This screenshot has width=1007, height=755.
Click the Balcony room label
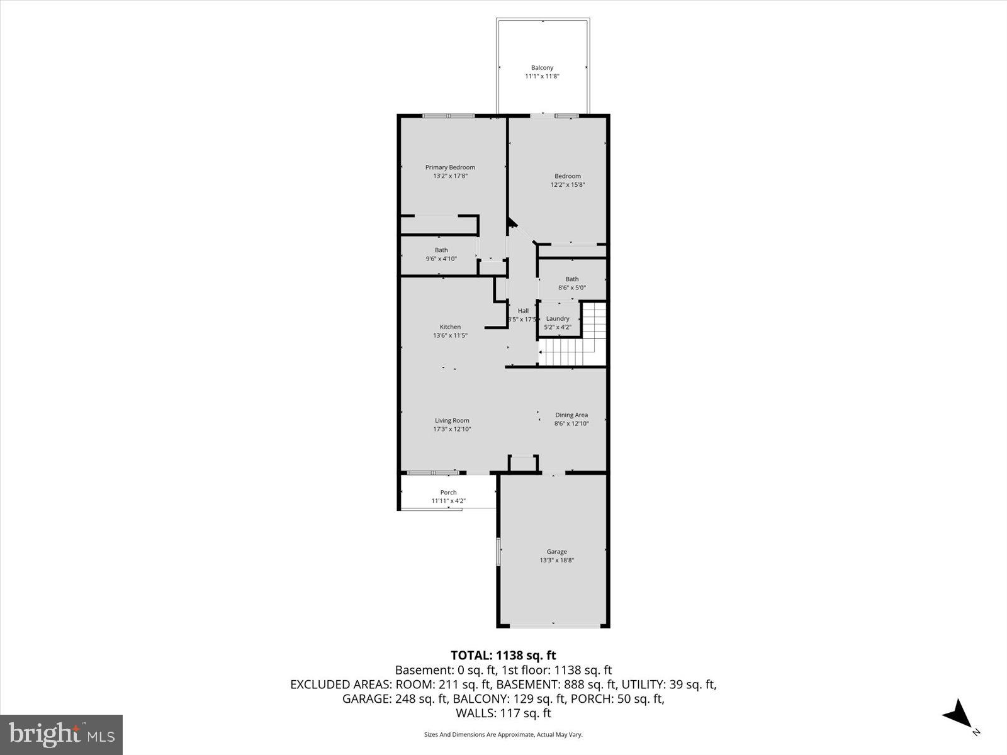542,68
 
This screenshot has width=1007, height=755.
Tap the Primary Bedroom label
450,167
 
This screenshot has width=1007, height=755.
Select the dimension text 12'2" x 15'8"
568,185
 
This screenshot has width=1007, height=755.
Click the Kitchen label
450,327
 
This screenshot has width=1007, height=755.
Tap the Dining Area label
571,415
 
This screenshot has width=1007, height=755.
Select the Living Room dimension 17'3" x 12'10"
452,429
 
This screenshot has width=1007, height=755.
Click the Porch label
448,493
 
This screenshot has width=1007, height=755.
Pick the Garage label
556,552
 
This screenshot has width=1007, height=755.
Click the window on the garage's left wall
498,552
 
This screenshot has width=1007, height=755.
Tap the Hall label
523,311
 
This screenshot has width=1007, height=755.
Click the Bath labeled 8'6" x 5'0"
571,283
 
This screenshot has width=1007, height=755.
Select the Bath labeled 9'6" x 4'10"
441,254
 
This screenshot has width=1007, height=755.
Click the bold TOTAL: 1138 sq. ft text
503,656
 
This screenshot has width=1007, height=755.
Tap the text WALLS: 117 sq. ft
503,713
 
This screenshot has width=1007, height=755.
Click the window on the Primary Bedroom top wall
448,116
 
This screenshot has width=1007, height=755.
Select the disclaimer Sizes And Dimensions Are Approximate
503,734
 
